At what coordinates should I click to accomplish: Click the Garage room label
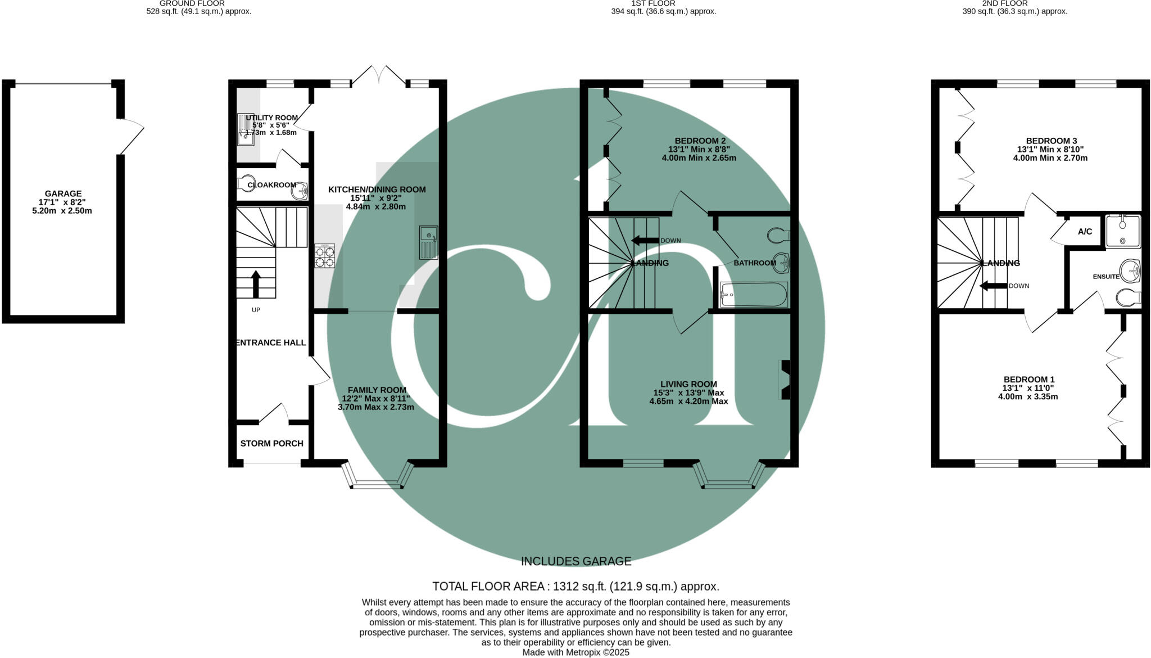click(x=63, y=193)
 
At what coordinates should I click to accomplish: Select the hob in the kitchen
click(x=325, y=256)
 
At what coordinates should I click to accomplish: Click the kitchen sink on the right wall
click(x=428, y=242)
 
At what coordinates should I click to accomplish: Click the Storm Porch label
click(x=271, y=443)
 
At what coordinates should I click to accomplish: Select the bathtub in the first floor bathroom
click(x=754, y=295)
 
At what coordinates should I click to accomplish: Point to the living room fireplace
click(x=785, y=380)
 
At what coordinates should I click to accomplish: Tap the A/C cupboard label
click(x=1085, y=232)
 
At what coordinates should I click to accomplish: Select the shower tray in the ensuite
click(x=1123, y=231)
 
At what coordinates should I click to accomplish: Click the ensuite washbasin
click(x=1130, y=271)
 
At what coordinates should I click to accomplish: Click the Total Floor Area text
click(x=575, y=587)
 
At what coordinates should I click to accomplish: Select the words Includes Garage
click(x=575, y=561)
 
